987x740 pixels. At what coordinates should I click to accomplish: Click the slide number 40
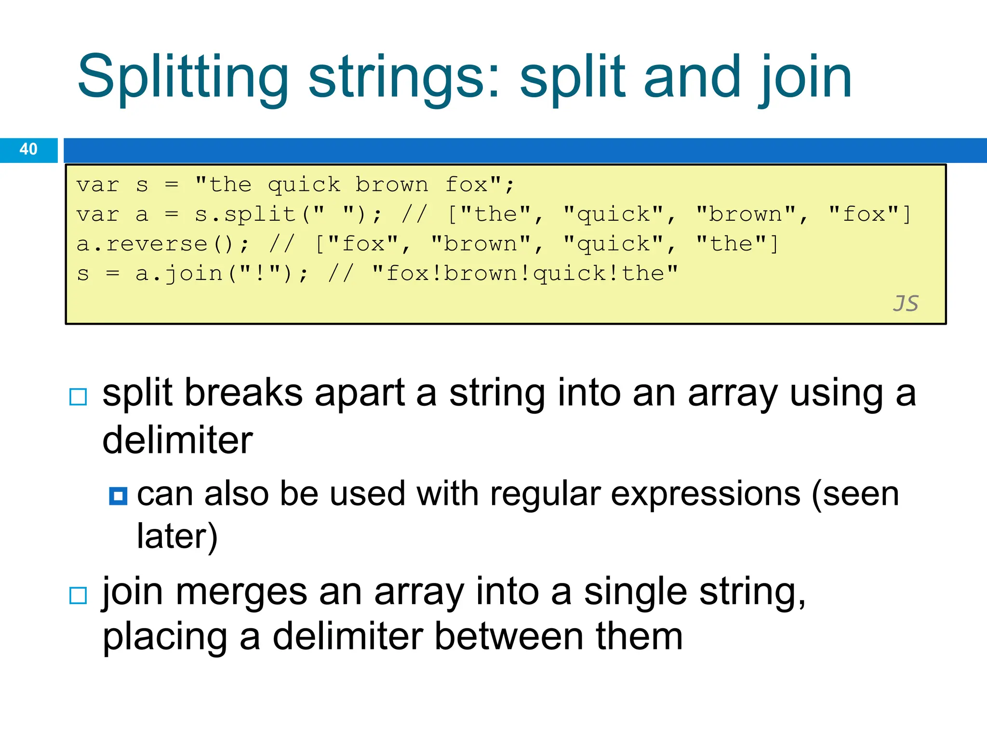click(28, 149)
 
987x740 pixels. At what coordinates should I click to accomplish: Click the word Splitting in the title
click(183, 77)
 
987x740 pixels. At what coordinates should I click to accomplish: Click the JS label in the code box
click(906, 304)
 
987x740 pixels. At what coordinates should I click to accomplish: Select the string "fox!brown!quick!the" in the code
click(525, 274)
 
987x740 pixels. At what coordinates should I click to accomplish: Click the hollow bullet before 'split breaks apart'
click(78, 396)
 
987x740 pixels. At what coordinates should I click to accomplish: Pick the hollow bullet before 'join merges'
click(78, 595)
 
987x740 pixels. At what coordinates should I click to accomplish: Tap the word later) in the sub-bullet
click(177, 536)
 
